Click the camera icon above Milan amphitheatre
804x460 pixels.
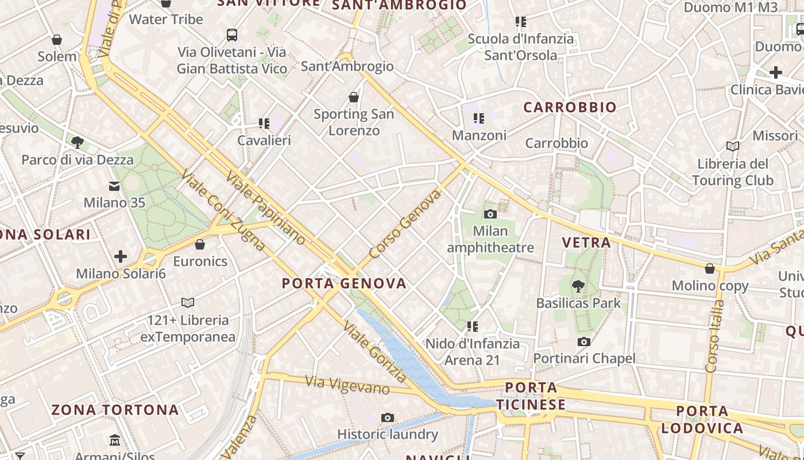(490, 214)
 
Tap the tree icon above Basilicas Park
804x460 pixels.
(578, 286)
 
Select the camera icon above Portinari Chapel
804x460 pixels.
(583, 342)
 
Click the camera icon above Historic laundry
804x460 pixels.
(388, 417)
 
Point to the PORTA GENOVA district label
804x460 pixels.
(344, 283)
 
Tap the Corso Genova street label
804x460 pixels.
(405, 224)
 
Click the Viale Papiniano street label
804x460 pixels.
(265, 208)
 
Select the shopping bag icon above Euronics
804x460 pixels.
(200, 244)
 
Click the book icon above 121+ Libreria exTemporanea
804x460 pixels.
(188, 302)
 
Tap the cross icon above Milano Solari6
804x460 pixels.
(121, 256)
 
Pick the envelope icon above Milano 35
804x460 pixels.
(114, 186)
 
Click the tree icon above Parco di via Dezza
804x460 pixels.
(78, 142)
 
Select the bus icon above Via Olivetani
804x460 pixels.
(232, 35)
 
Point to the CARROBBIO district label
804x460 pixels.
(570, 107)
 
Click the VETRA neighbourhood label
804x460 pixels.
(586, 243)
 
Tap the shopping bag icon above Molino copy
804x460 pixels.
(710, 269)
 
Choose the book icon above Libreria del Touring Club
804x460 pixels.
(732, 146)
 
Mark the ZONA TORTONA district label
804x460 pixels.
(115, 410)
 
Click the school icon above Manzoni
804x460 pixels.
(479, 118)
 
